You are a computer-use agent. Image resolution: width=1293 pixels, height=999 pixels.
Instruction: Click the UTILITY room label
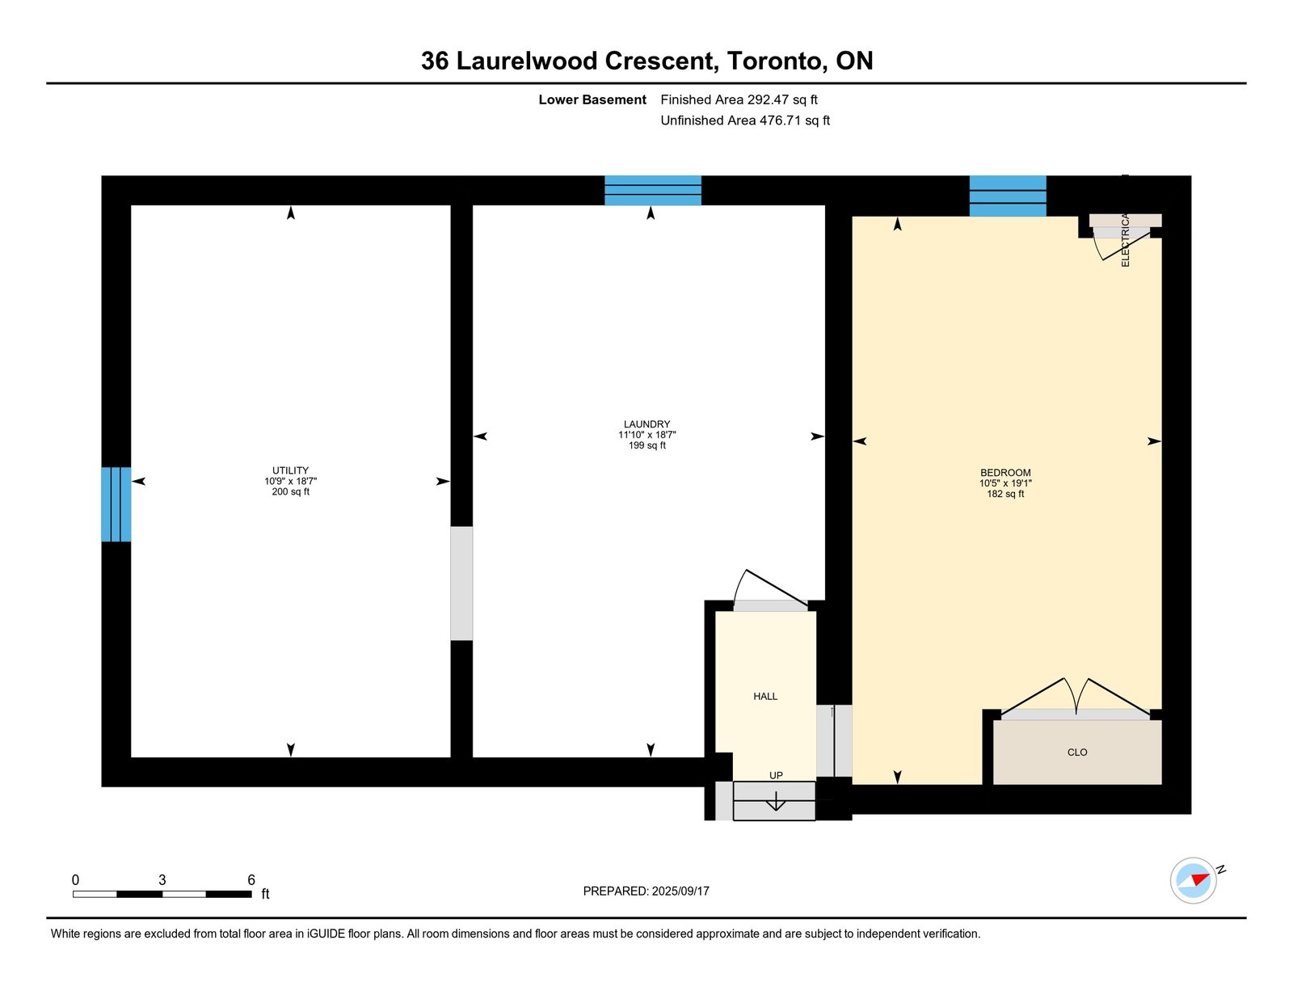pyautogui.click(x=290, y=470)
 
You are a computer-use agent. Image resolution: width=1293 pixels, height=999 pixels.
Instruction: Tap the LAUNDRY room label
pyautogui.click(x=646, y=424)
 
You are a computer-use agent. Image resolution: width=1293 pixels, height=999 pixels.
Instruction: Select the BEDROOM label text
pyautogui.click(x=1005, y=473)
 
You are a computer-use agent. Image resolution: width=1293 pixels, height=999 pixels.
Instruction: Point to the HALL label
pyautogui.click(x=765, y=696)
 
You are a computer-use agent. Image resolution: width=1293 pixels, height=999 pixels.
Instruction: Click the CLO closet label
pyautogui.click(x=1077, y=752)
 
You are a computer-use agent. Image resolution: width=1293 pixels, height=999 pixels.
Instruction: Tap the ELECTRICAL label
pyautogui.click(x=1125, y=240)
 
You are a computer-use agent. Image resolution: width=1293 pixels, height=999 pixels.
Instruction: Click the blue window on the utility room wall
pyautogui.click(x=116, y=504)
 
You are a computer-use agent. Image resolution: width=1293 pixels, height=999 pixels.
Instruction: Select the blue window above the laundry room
pyautogui.click(x=653, y=191)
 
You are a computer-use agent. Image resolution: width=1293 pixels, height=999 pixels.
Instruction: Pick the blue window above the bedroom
pyautogui.click(x=1008, y=196)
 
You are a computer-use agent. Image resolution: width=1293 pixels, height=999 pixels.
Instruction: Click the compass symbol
pyautogui.click(x=1194, y=881)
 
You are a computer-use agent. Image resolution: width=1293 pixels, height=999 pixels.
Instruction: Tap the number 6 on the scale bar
pyautogui.click(x=251, y=879)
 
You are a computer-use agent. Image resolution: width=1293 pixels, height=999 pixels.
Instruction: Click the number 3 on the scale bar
pyautogui.click(x=162, y=879)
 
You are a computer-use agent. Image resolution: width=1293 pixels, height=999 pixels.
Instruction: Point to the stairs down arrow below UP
pyautogui.click(x=776, y=801)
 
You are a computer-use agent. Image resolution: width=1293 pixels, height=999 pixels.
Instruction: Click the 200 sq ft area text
pyautogui.click(x=290, y=491)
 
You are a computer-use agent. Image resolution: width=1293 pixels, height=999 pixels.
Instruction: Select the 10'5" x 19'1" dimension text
pyautogui.click(x=1005, y=483)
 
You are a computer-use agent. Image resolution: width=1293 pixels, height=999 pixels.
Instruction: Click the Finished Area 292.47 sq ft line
pyautogui.click(x=739, y=99)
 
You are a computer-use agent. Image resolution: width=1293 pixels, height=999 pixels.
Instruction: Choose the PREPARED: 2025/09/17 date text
pyautogui.click(x=646, y=891)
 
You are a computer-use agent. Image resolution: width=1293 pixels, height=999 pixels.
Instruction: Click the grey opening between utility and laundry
pyautogui.click(x=461, y=583)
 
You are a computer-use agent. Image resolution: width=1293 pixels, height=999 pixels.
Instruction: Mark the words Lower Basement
pyautogui.click(x=592, y=99)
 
